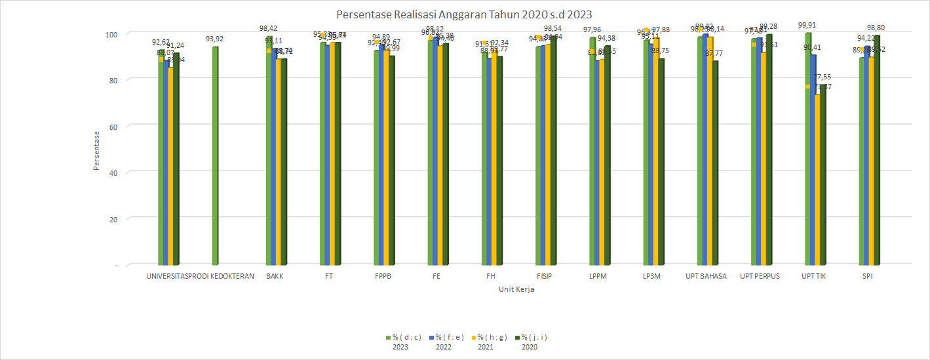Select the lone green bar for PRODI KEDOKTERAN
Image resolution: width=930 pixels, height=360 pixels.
[x=215, y=157]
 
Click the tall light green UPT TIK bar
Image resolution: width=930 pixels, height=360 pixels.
[x=809, y=151]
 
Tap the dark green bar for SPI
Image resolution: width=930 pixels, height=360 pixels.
[x=877, y=151]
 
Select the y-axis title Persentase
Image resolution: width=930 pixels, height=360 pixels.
[x=96, y=150]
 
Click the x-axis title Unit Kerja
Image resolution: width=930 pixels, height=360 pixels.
[x=516, y=289]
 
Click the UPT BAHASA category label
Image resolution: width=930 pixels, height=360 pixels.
[x=706, y=276]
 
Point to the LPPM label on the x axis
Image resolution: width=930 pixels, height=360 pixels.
[x=598, y=276]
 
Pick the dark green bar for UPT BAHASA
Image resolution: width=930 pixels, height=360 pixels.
[x=716, y=164]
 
